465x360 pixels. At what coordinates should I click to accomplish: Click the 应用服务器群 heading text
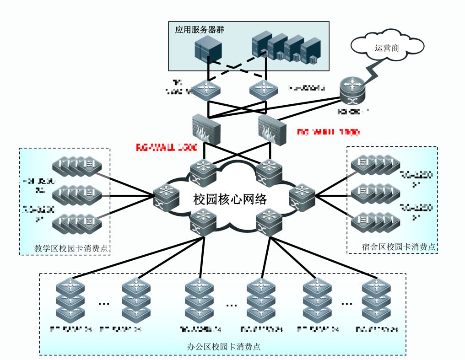[202, 30]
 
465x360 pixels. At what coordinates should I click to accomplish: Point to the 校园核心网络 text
[230, 199]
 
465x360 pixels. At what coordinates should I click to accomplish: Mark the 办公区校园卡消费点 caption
[224, 346]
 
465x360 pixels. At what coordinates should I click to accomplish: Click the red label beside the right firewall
[328, 132]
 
